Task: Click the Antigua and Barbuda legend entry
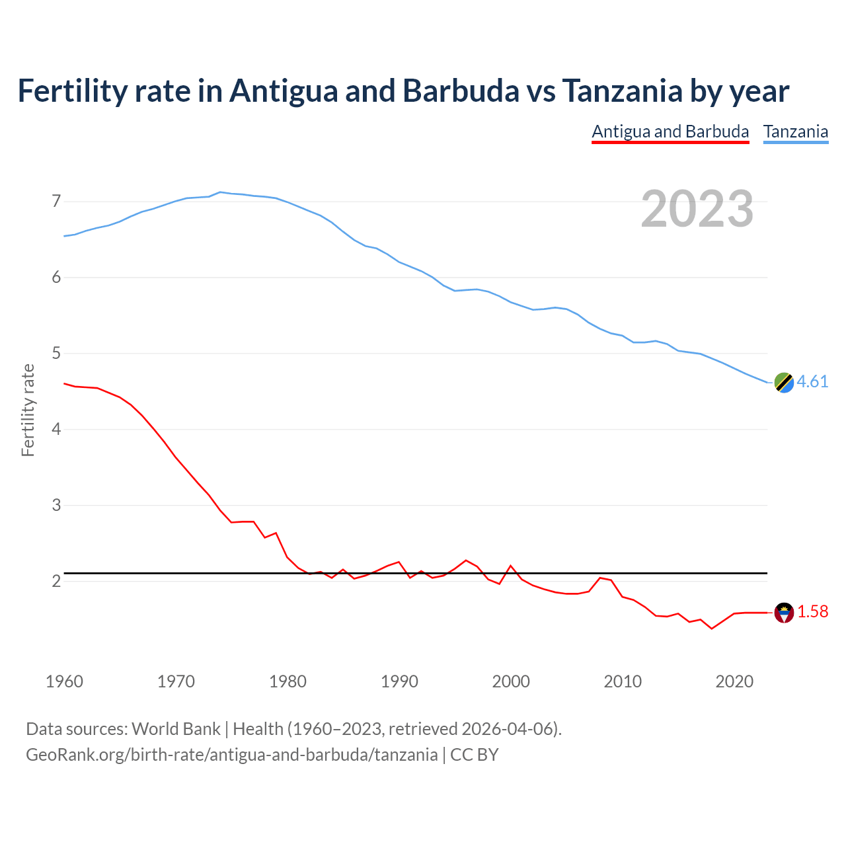click(670, 132)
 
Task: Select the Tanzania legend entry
click(796, 132)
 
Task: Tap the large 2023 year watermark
click(697, 209)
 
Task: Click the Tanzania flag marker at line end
click(784, 382)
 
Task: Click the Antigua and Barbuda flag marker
click(784, 613)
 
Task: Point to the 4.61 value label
click(812, 382)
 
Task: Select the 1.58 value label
click(812, 612)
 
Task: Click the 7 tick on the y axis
click(56, 201)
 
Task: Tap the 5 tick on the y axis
click(56, 353)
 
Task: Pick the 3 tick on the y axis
click(56, 505)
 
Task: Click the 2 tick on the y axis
click(56, 581)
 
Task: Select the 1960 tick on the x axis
click(64, 681)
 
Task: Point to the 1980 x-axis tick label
click(288, 681)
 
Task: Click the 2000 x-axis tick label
click(511, 681)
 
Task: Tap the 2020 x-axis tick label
click(734, 681)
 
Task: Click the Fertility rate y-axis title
click(28, 410)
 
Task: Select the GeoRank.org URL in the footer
click(231, 754)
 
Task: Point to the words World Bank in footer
click(176, 729)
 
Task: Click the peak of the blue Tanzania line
click(221, 192)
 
